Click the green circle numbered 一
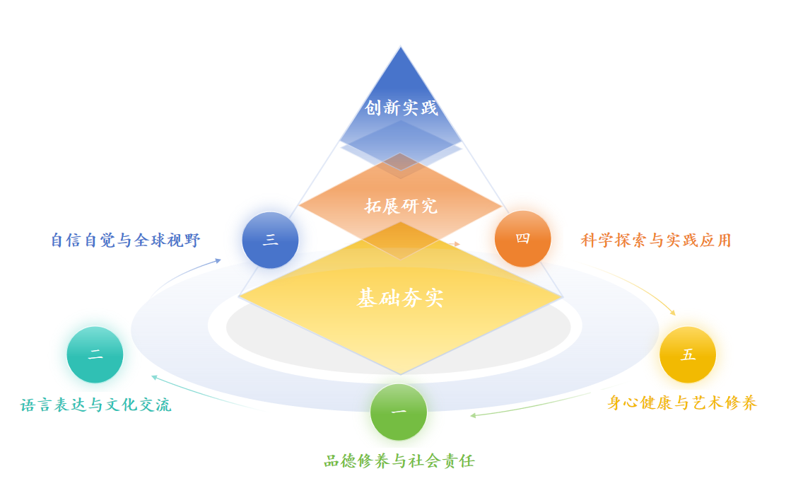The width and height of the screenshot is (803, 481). coord(399,412)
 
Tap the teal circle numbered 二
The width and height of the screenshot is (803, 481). coord(95,355)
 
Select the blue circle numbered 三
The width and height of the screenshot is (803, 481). coord(270,240)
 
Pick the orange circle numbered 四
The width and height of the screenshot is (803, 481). coord(522,238)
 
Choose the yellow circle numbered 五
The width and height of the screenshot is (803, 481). coord(687,355)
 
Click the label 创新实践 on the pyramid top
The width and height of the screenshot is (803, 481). coord(401,108)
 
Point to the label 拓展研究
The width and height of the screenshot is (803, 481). coord(401,206)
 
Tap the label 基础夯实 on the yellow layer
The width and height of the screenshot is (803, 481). coord(400,299)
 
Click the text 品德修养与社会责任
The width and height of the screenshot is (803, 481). coord(399,462)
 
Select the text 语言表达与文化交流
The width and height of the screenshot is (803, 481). coord(96,405)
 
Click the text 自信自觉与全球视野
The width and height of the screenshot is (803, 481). coord(126,240)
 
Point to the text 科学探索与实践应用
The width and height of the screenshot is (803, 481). coord(656,240)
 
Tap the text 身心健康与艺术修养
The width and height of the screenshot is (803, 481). coord(682,403)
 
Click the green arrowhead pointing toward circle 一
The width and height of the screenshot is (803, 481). coord(473,415)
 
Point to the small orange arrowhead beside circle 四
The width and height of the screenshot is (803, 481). coord(457,243)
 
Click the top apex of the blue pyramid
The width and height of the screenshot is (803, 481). coord(401,47)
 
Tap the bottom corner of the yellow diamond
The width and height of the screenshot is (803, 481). coord(401,373)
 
